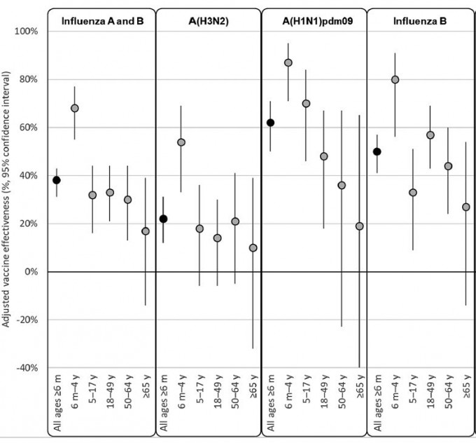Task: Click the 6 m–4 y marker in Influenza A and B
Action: pyautogui.click(x=75, y=108)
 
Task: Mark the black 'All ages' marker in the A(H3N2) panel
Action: pyautogui.click(x=163, y=219)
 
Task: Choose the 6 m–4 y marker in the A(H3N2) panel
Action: pyautogui.click(x=181, y=142)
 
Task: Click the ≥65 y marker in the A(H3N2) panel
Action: pyautogui.click(x=253, y=247)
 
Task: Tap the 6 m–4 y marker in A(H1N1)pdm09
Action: pyautogui.click(x=288, y=62)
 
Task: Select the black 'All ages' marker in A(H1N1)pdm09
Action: pyautogui.click(x=270, y=123)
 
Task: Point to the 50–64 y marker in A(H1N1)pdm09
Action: pyautogui.click(x=342, y=185)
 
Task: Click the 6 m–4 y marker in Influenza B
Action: pyautogui.click(x=395, y=79)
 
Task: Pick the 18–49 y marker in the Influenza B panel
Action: pyautogui.click(x=430, y=135)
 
